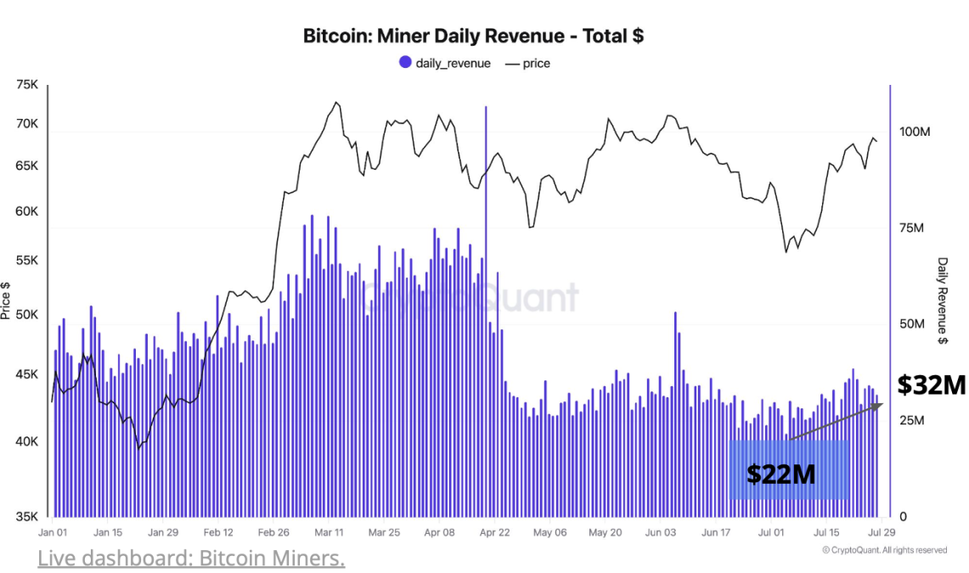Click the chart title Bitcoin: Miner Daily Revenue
pyautogui.click(x=473, y=37)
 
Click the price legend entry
pyautogui.click(x=527, y=63)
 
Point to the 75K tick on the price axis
pyautogui.click(x=26, y=85)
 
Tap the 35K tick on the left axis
pyautogui.click(x=26, y=516)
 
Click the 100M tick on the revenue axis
pyautogui.click(x=915, y=132)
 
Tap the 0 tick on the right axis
pyautogui.click(x=904, y=516)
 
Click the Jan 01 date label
pyautogui.click(x=53, y=532)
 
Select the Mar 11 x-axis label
pyautogui.click(x=329, y=532)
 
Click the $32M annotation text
pyautogui.click(x=932, y=385)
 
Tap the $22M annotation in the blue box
pyautogui.click(x=780, y=474)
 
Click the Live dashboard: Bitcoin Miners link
pyautogui.click(x=191, y=558)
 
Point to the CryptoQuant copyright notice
pyautogui.click(x=884, y=550)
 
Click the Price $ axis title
pyautogui.click(x=7, y=301)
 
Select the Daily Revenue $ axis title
pyautogui.click(x=943, y=301)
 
